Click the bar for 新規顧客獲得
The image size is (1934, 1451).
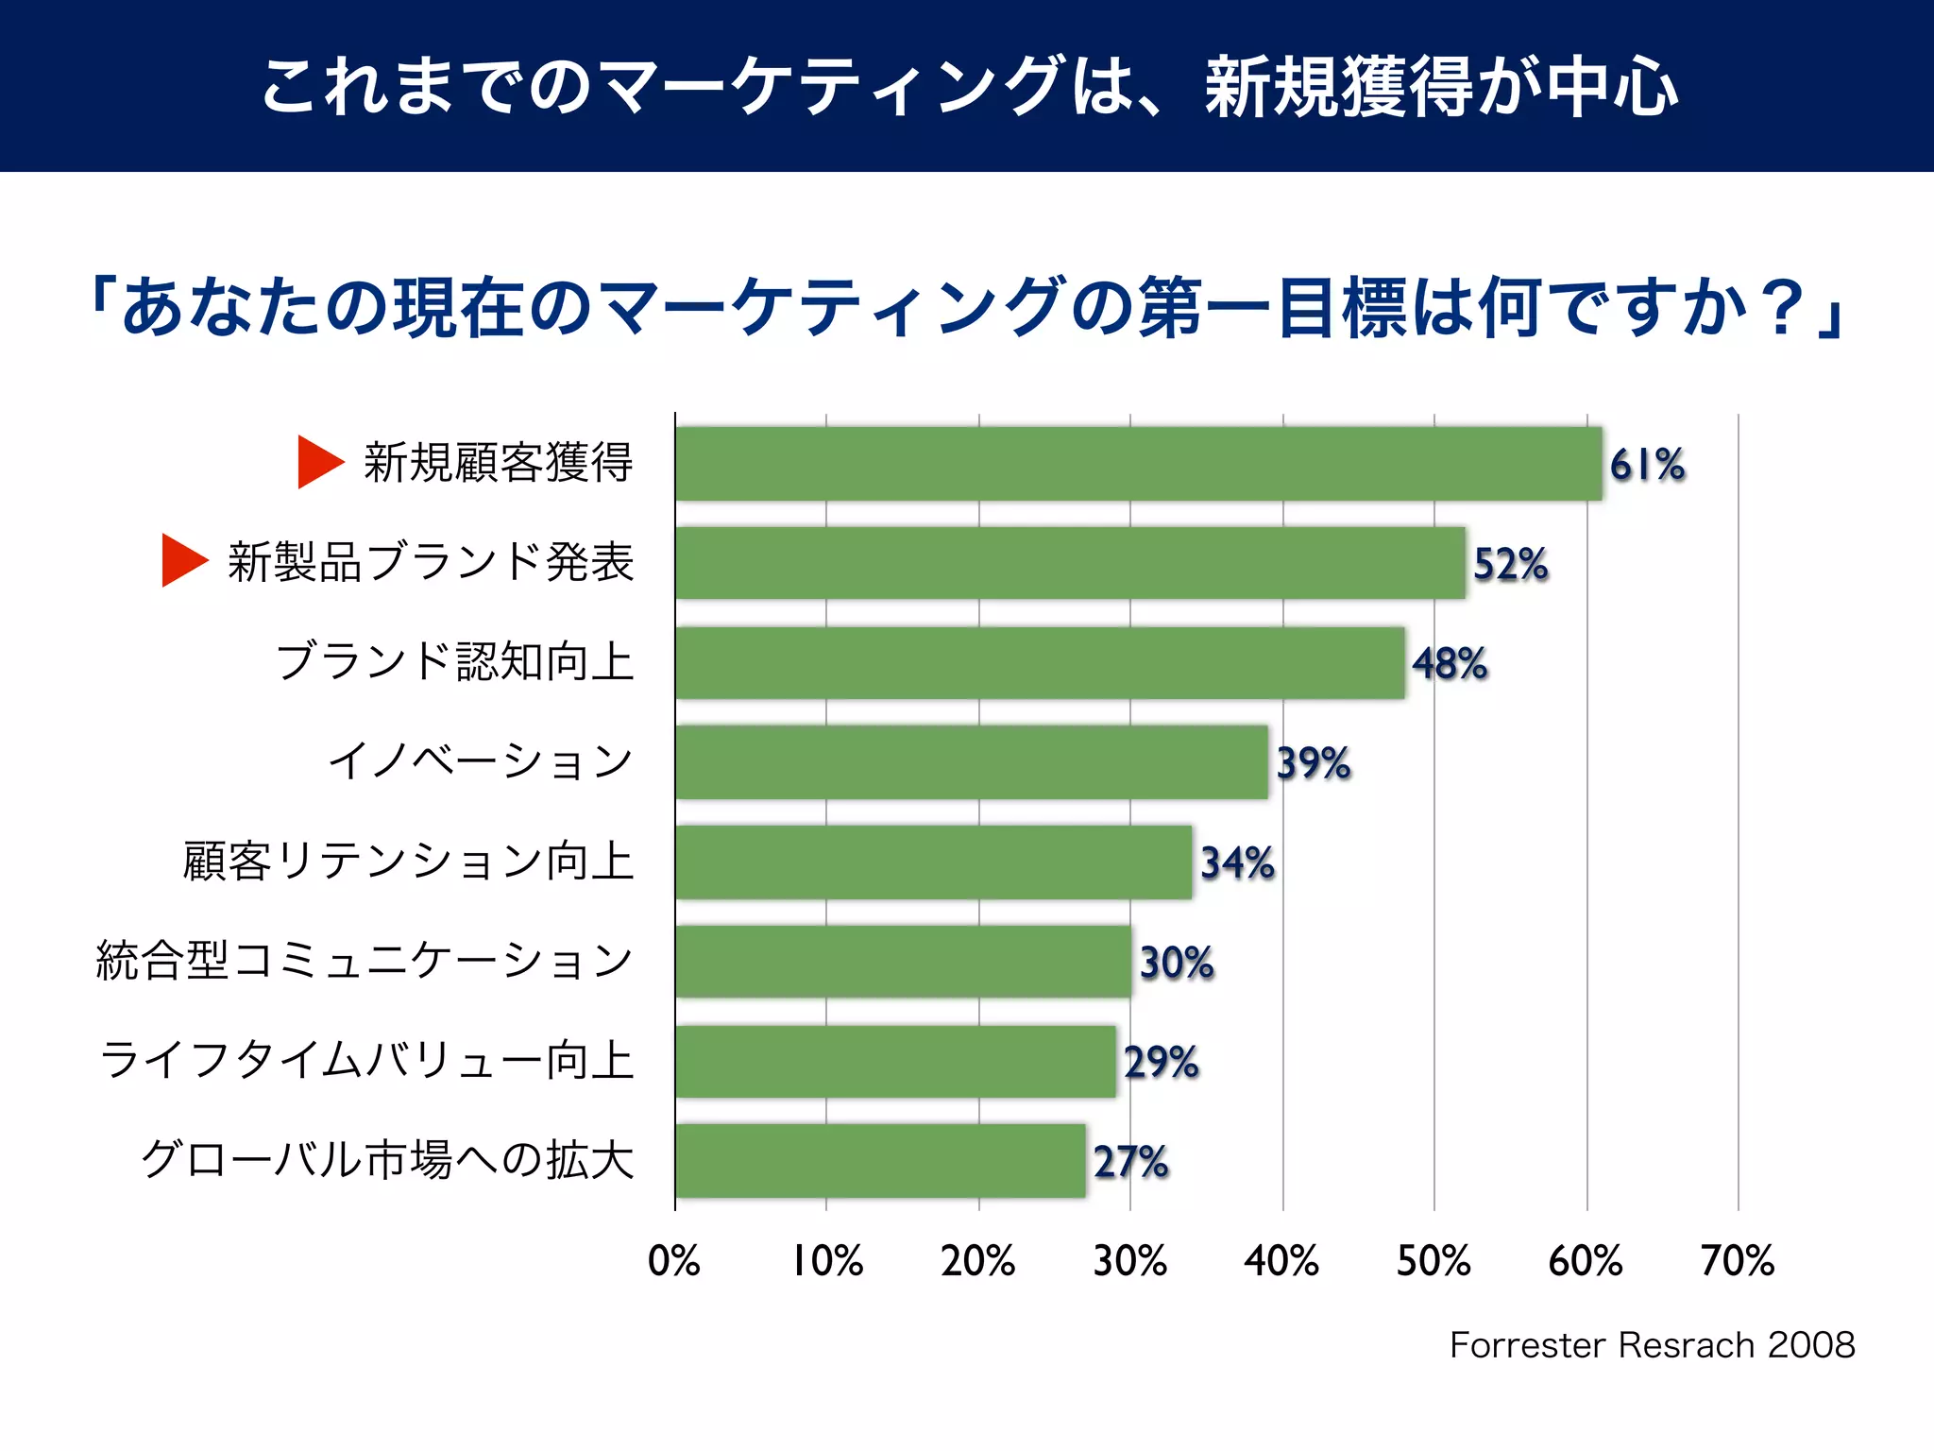pos(1138,464)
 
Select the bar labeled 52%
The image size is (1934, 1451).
pos(1070,563)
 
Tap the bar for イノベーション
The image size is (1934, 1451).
pos(971,762)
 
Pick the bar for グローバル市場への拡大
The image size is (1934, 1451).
pos(880,1161)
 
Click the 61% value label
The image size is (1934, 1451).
pos(1647,465)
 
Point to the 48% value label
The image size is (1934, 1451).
pos(1450,663)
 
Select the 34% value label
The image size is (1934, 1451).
pos(1237,862)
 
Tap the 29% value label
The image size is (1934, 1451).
pos(1161,1062)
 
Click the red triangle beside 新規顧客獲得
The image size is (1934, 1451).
pos(318,462)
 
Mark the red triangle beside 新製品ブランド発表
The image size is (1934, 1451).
pos(182,560)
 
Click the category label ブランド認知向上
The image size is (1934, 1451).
pos(454,661)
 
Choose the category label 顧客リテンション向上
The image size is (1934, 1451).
pos(408,861)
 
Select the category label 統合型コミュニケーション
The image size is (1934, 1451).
pos(365,961)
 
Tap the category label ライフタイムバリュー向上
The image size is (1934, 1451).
pos(366,1060)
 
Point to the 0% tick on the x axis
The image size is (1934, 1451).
pos(673,1260)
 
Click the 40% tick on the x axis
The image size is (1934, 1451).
pos(1281,1260)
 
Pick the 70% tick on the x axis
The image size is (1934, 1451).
pos(1737,1260)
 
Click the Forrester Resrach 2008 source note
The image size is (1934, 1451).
pos(1652,1344)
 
